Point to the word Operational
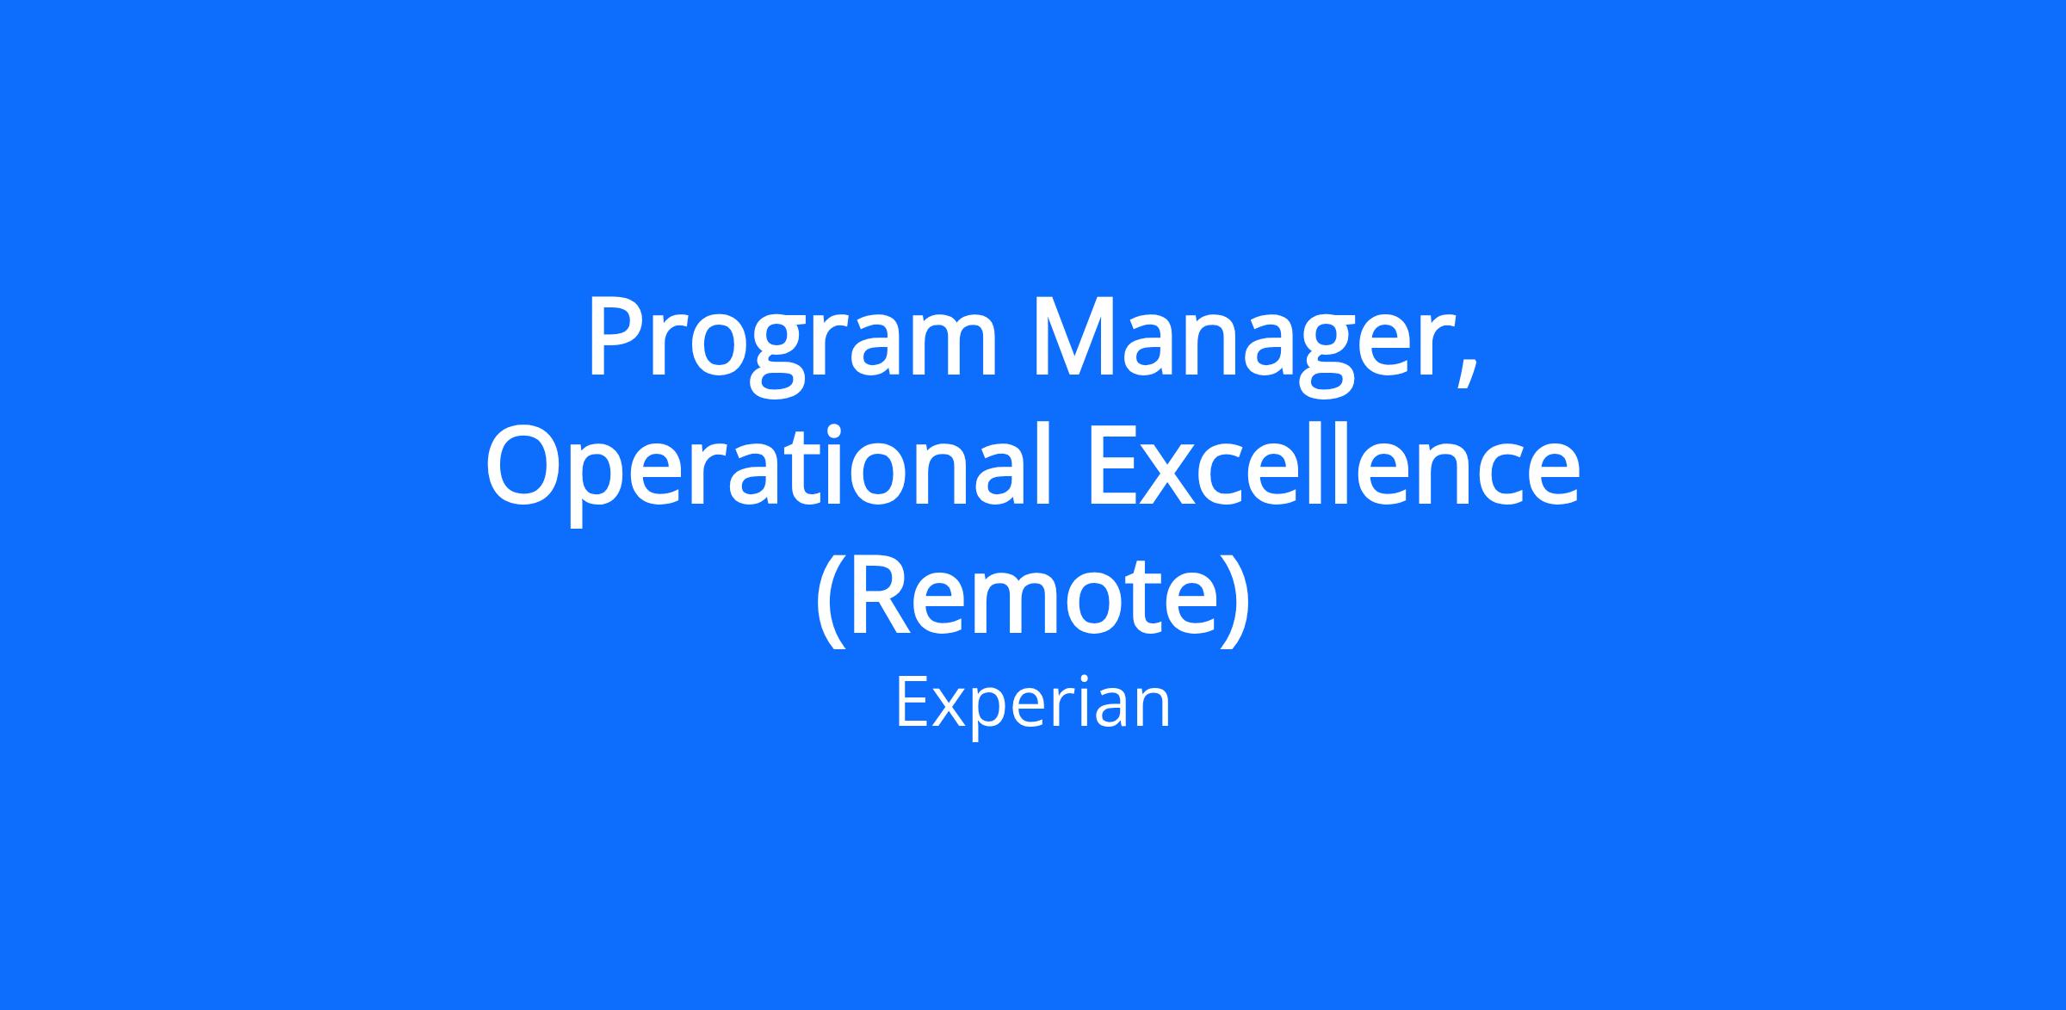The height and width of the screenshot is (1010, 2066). pyautogui.click(x=771, y=474)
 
